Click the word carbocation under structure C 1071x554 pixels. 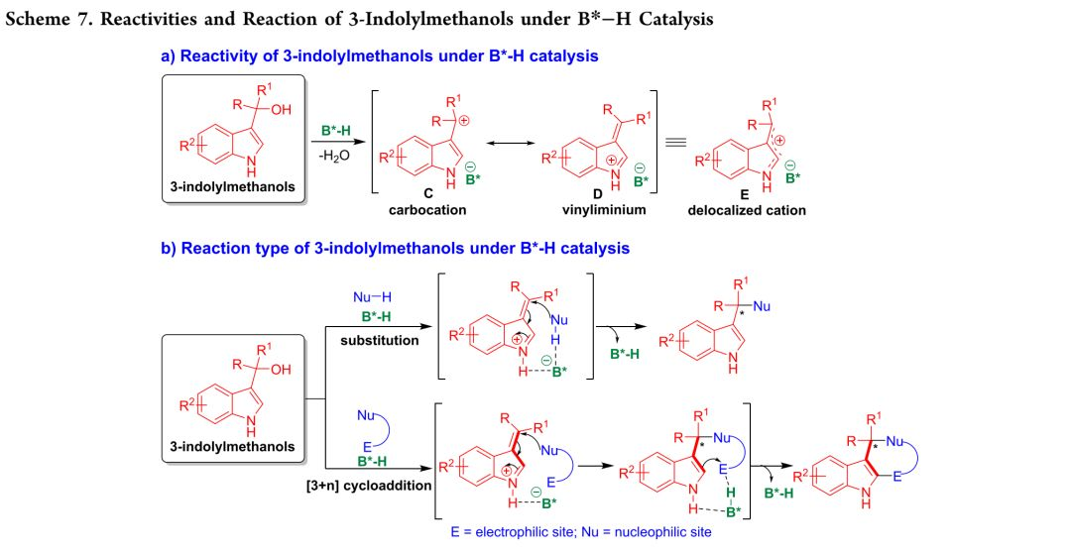pyautogui.click(x=427, y=211)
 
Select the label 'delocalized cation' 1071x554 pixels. pyautogui.click(x=747, y=210)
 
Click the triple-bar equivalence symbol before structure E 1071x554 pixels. pyautogui.click(x=674, y=142)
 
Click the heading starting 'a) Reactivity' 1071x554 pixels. pyautogui.click(x=380, y=56)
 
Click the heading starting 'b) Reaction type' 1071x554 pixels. pyautogui.click(x=395, y=248)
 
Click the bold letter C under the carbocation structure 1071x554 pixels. pyautogui.click(x=427, y=196)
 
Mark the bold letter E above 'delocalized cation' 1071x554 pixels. pyautogui.click(x=746, y=196)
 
